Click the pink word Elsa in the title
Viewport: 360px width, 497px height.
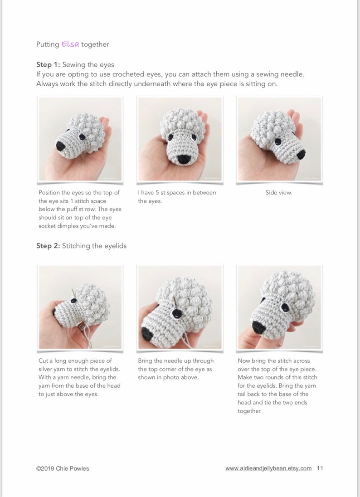click(70, 44)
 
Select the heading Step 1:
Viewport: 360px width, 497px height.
click(48, 64)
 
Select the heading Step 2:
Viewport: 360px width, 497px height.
click(48, 246)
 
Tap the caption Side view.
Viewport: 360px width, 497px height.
click(278, 192)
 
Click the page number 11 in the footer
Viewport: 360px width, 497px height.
click(320, 468)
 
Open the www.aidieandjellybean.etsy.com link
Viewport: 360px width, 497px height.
click(268, 468)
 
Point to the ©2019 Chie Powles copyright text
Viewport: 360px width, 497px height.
click(63, 468)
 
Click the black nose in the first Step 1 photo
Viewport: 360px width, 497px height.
click(61, 146)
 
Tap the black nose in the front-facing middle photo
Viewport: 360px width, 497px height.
click(184, 159)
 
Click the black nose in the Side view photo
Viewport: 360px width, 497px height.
click(301, 154)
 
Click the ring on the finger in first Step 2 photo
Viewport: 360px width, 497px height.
click(80, 326)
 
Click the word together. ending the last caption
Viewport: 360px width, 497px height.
click(249, 411)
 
